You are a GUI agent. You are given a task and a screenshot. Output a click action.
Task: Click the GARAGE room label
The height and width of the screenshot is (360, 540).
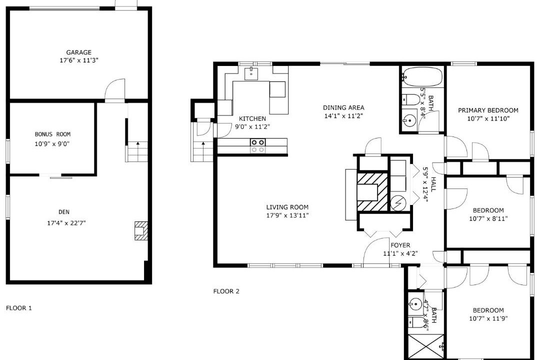click(79, 52)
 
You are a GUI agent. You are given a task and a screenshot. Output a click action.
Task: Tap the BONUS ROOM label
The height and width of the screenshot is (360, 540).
click(52, 134)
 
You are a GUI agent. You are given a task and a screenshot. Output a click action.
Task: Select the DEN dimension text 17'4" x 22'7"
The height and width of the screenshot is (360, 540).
click(66, 223)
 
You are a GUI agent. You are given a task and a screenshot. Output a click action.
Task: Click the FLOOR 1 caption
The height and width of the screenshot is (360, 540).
click(19, 308)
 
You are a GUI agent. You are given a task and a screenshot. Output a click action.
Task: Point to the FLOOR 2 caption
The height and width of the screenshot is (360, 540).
click(226, 291)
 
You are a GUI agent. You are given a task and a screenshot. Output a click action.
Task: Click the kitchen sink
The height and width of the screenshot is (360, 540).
click(251, 73)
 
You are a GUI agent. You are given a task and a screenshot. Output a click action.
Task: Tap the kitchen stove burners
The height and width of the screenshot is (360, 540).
click(258, 145)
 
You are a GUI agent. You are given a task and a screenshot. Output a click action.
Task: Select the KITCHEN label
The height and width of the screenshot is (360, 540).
click(252, 118)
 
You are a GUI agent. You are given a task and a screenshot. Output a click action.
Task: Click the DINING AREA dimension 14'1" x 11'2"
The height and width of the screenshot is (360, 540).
click(343, 116)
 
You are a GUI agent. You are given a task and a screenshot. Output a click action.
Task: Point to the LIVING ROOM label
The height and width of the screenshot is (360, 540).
click(287, 207)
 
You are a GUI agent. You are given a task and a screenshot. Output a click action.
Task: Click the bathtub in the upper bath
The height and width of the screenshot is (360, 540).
click(422, 76)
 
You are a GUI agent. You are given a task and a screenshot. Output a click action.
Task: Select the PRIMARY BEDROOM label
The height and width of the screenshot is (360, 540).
click(488, 110)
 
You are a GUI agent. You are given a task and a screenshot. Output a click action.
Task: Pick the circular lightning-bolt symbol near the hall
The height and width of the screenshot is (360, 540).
click(398, 204)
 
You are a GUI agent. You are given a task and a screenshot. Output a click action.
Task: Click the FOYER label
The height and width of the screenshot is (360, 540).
click(400, 245)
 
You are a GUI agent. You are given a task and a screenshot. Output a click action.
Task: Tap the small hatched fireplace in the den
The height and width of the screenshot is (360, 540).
click(140, 230)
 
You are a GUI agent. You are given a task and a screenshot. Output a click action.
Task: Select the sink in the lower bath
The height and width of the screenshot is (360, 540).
click(415, 304)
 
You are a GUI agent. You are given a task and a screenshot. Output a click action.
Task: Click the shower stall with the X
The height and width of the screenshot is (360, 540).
click(426, 346)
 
